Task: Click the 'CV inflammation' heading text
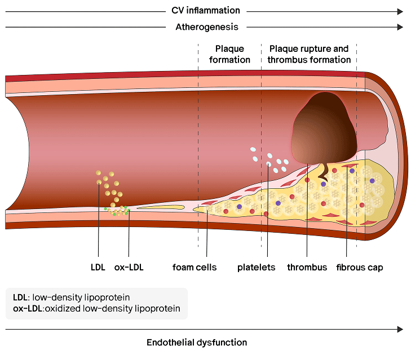click(x=206, y=11)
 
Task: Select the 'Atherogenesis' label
click(x=207, y=27)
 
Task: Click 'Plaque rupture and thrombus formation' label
click(x=308, y=54)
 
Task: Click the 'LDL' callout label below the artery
click(x=98, y=267)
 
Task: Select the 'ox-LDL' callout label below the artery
click(x=129, y=267)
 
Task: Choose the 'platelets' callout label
click(x=256, y=267)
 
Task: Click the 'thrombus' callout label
click(x=307, y=267)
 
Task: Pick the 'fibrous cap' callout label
click(x=360, y=267)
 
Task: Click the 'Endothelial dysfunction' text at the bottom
click(x=197, y=343)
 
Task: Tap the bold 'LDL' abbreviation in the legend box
click(x=20, y=297)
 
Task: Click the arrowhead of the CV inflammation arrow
click(x=400, y=11)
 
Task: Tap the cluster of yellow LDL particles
click(x=108, y=186)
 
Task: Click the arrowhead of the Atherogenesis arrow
click(x=400, y=27)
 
